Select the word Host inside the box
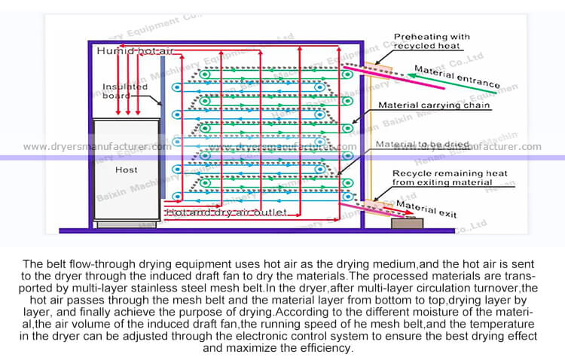[127, 170]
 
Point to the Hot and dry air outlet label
[226, 214]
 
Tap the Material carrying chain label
[434, 105]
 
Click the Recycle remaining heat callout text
[440, 178]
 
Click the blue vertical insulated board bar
[163, 136]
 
